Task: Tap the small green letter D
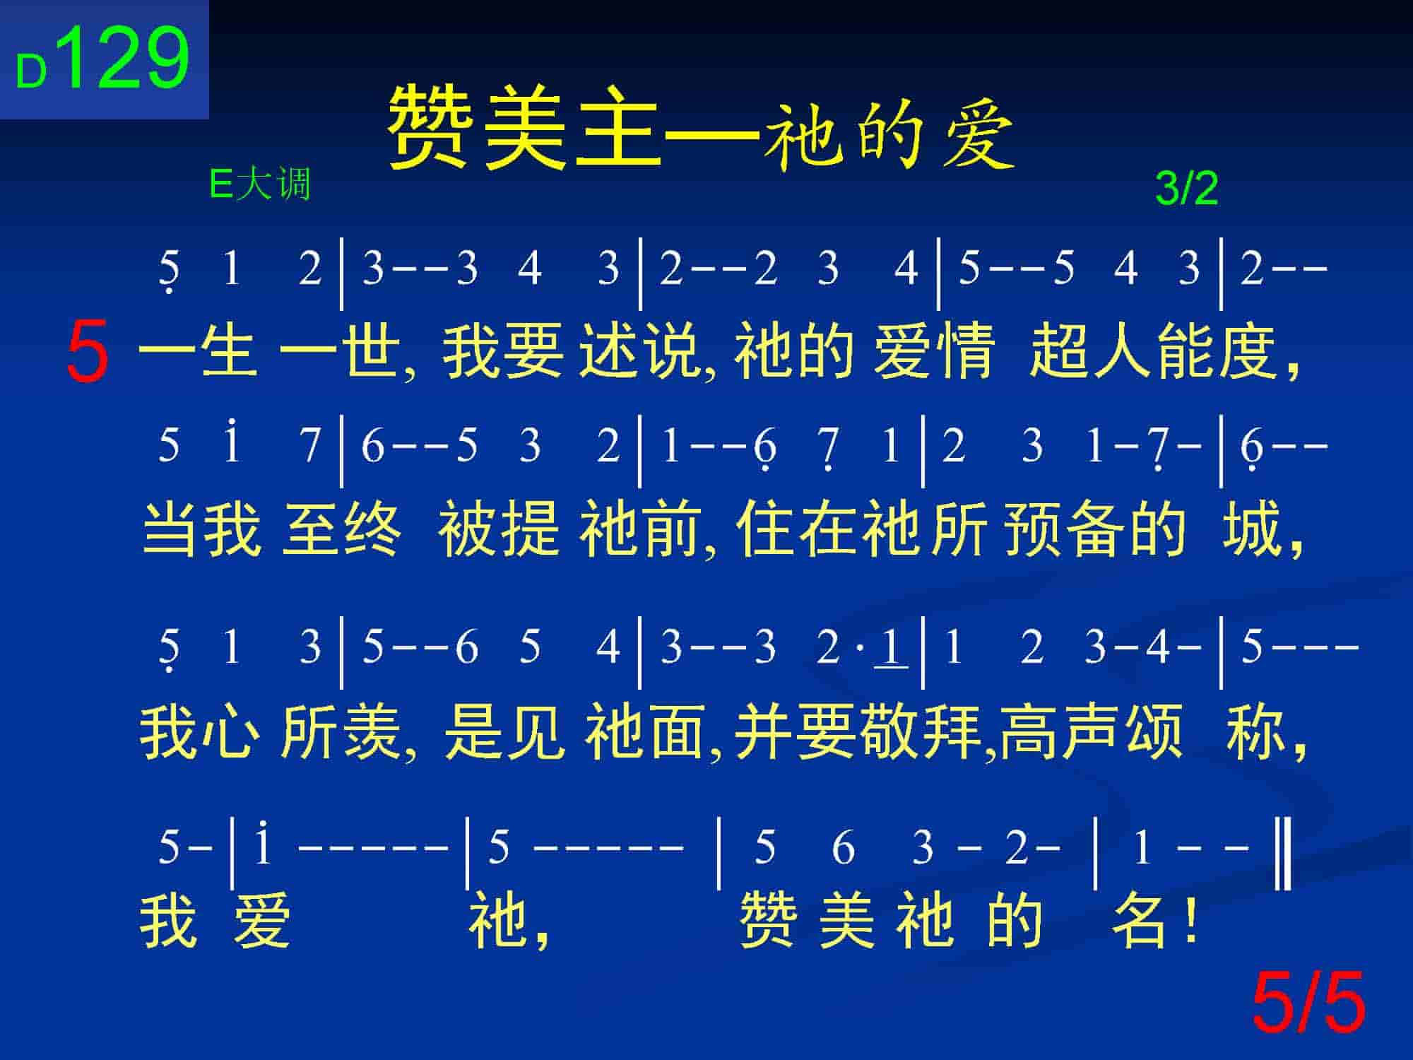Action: point(31,72)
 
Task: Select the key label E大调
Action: point(260,185)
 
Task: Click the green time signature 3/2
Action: point(1186,189)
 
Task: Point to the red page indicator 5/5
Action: point(1308,1002)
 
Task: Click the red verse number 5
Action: point(88,351)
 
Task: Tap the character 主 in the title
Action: point(617,129)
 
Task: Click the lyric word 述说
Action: point(640,351)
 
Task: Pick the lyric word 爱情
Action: point(934,351)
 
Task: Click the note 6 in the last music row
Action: point(843,847)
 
